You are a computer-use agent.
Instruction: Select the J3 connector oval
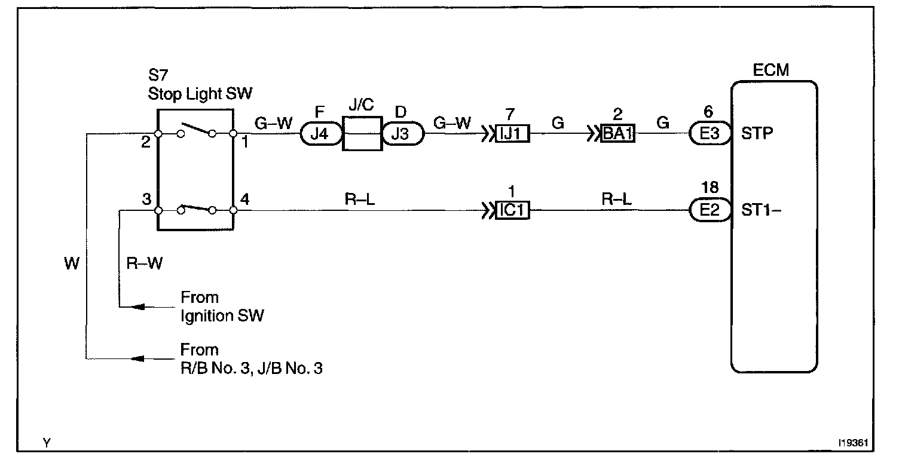[x=402, y=134]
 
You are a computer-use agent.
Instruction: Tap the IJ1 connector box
[x=512, y=134]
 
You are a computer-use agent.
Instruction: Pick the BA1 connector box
[x=617, y=134]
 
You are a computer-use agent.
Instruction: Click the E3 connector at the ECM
[x=710, y=134]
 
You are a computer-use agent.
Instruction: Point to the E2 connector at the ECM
[x=710, y=211]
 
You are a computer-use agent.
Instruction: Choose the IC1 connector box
[x=512, y=211]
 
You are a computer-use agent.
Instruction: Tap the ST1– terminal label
[x=760, y=210]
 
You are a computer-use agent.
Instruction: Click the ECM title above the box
[x=771, y=70]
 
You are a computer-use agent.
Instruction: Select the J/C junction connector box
[x=362, y=134]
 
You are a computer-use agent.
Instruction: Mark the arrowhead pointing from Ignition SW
[x=138, y=306]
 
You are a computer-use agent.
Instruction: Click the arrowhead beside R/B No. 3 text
[x=138, y=359]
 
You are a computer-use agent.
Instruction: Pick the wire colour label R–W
[x=144, y=263]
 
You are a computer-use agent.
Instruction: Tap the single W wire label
[x=72, y=263]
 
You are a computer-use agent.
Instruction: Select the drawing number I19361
[x=854, y=444]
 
